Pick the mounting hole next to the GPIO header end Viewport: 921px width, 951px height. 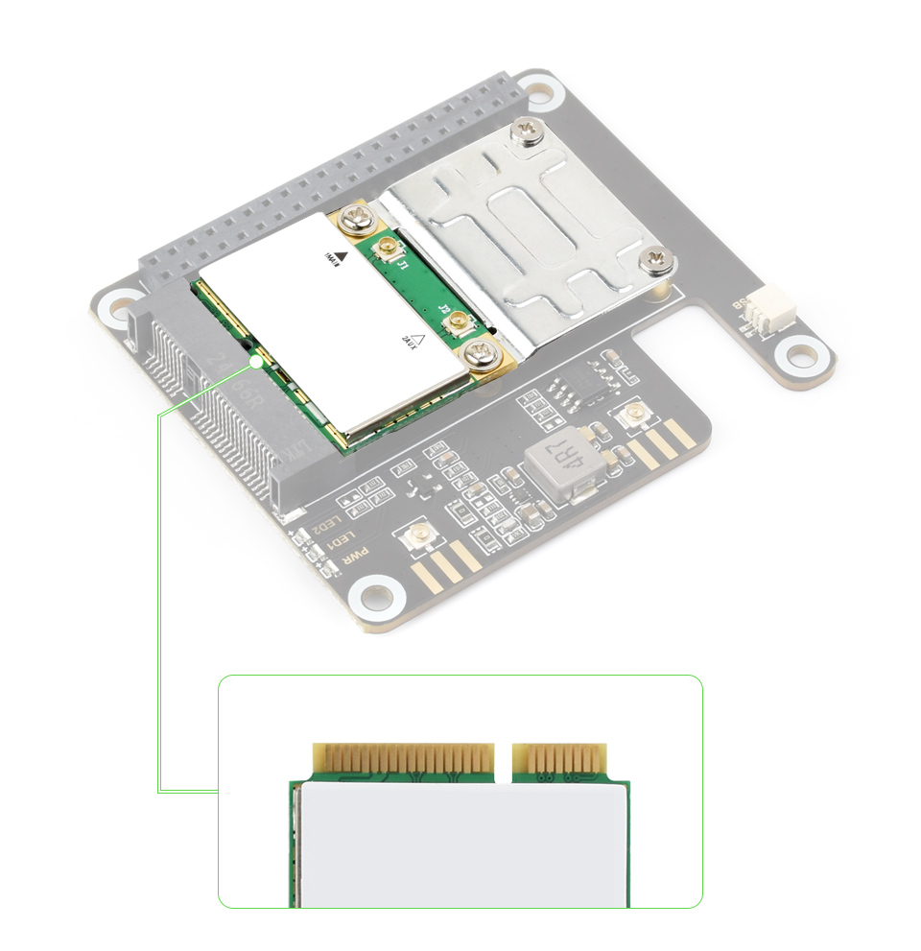pos(540,92)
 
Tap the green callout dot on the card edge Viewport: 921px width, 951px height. pos(255,362)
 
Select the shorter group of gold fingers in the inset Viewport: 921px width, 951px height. pos(560,758)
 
